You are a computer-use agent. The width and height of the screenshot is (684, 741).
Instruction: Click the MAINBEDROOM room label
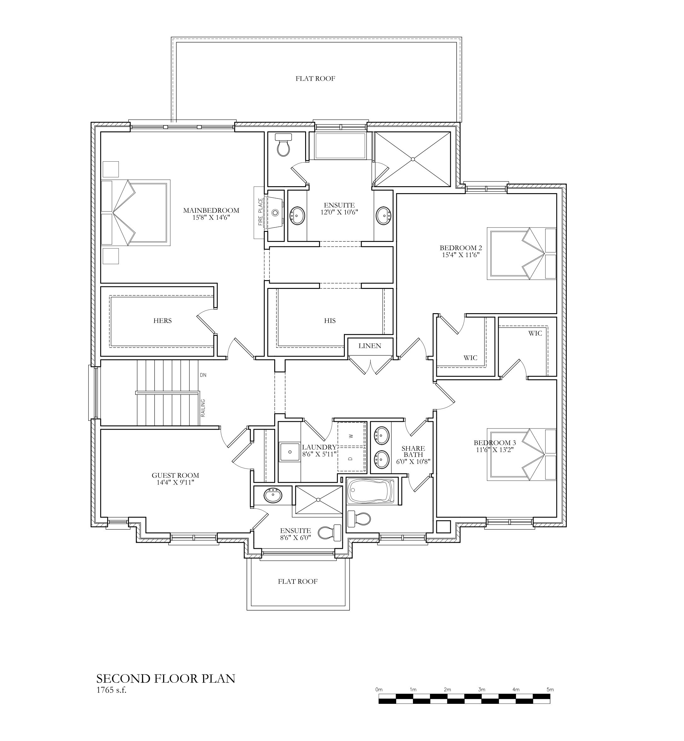(211, 210)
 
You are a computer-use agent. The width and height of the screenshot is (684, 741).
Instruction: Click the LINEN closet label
(370, 346)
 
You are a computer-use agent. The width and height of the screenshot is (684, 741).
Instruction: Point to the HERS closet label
(162, 321)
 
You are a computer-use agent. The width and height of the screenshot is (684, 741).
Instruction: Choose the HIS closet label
(330, 321)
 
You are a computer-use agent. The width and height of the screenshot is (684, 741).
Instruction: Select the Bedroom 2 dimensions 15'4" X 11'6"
(461, 255)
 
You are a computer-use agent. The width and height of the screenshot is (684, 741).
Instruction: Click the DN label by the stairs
(203, 375)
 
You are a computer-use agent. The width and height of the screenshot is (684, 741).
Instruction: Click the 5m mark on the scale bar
(550, 690)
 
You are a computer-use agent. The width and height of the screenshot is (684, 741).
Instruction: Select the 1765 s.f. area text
(111, 690)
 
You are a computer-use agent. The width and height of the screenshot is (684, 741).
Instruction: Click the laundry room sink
(289, 452)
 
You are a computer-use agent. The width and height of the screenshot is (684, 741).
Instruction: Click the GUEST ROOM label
(176, 475)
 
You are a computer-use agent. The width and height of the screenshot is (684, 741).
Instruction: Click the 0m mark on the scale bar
(379, 690)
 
